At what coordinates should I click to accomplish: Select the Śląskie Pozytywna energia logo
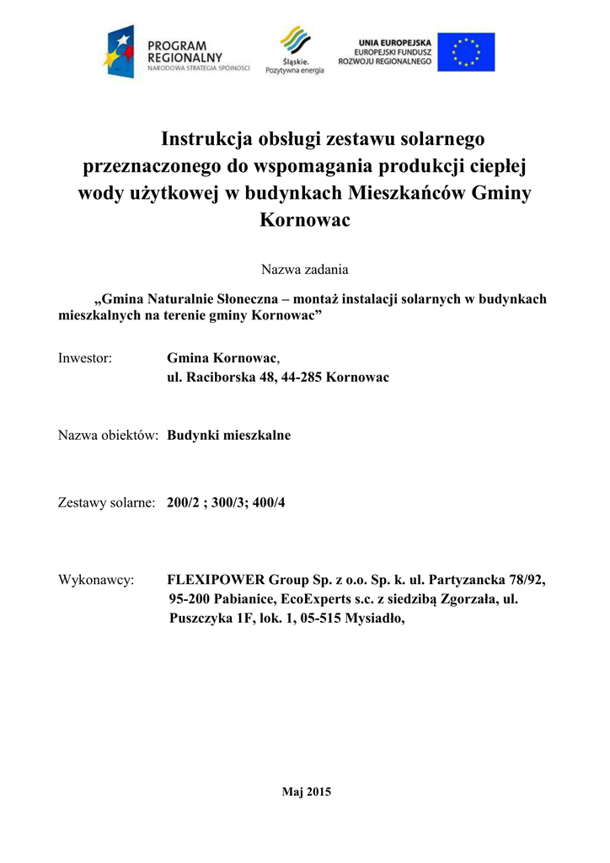(294, 51)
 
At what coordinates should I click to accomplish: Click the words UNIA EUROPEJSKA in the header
(395, 40)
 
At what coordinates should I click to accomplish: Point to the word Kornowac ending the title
(304, 220)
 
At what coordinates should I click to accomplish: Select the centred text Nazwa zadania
(304, 270)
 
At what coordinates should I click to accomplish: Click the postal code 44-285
(297, 377)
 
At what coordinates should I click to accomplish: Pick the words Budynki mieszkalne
(229, 435)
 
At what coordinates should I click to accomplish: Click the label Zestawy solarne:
(106, 502)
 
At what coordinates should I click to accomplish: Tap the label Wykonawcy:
(97, 580)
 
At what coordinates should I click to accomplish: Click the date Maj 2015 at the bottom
(305, 791)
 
